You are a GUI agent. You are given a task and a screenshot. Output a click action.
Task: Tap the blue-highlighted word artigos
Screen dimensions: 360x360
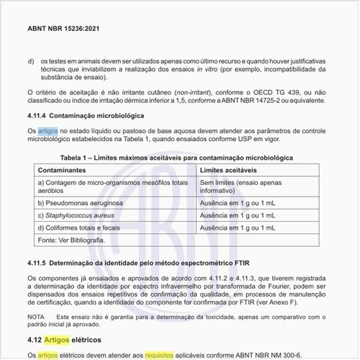48,130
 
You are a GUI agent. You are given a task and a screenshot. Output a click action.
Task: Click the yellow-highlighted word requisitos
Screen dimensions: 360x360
164,354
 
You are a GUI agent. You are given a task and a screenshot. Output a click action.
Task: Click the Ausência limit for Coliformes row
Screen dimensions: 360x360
238,227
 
